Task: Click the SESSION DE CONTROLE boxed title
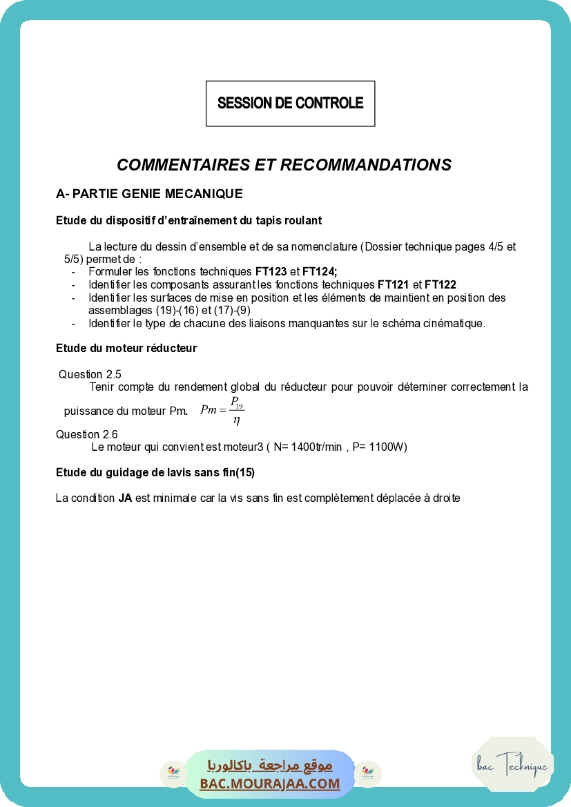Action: click(x=290, y=104)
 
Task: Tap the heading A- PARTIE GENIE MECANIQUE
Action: click(x=149, y=194)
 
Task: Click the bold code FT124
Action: click(x=319, y=272)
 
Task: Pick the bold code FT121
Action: click(x=394, y=285)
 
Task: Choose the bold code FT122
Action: click(x=441, y=285)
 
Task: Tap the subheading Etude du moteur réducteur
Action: click(x=126, y=349)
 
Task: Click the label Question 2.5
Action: click(x=90, y=375)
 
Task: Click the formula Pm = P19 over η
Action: click(x=222, y=411)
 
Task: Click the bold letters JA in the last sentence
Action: click(x=125, y=498)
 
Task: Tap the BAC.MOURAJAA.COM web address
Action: click(x=270, y=784)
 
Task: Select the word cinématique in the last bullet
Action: click(x=456, y=323)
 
